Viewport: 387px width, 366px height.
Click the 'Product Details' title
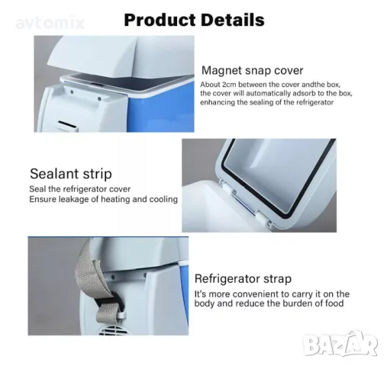(x=194, y=20)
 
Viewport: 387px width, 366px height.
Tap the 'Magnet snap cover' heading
(x=252, y=70)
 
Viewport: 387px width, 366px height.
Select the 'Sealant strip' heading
(x=71, y=174)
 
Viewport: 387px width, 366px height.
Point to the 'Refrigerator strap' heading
(x=243, y=279)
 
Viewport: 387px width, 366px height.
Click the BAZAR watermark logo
(x=341, y=344)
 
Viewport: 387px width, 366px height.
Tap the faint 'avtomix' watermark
(x=50, y=24)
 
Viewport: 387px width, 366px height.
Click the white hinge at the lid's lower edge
(x=263, y=218)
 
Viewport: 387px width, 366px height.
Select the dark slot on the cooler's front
(x=67, y=124)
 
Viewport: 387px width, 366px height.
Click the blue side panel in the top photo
(x=161, y=110)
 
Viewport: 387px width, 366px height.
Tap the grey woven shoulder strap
(x=95, y=281)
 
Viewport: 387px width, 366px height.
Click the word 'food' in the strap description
(x=334, y=303)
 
